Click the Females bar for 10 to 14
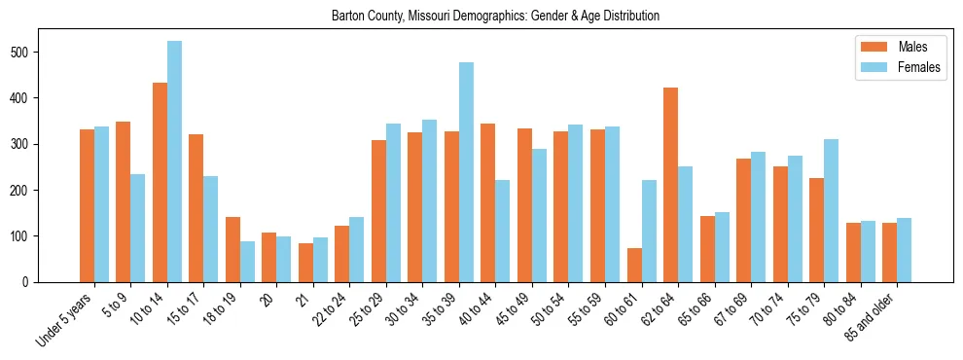174,162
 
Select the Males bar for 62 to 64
670,185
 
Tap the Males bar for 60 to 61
634,265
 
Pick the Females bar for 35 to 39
466,172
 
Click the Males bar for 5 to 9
123,201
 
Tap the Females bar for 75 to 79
831,210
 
